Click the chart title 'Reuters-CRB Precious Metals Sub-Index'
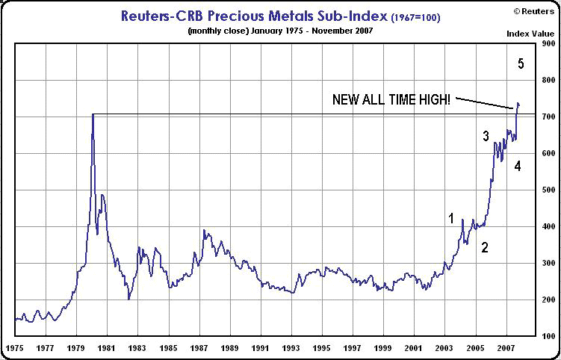[x=255, y=16]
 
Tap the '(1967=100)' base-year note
[x=415, y=17]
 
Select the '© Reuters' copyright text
[x=534, y=11]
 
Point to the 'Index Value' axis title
[x=530, y=34]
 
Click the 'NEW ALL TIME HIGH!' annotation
[x=391, y=100]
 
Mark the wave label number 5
[x=521, y=64]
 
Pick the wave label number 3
[x=486, y=136]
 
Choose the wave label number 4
[x=518, y=166]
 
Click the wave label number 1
[x=451, y=218]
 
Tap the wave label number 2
[x=485, y=247]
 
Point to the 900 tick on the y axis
[x=548, y=43]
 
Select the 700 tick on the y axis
[x=548, y=117]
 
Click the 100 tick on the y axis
[x=548, y=336]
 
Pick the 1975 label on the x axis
[x=15, y=347]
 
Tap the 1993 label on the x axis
[x=292, y=347]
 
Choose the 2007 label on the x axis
[x=507, y=347]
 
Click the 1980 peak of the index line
[x=93, y=114]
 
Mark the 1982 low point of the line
[x=128, y=299]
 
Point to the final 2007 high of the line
[x=518, y=103]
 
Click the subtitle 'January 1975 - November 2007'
[x=312, y=31]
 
